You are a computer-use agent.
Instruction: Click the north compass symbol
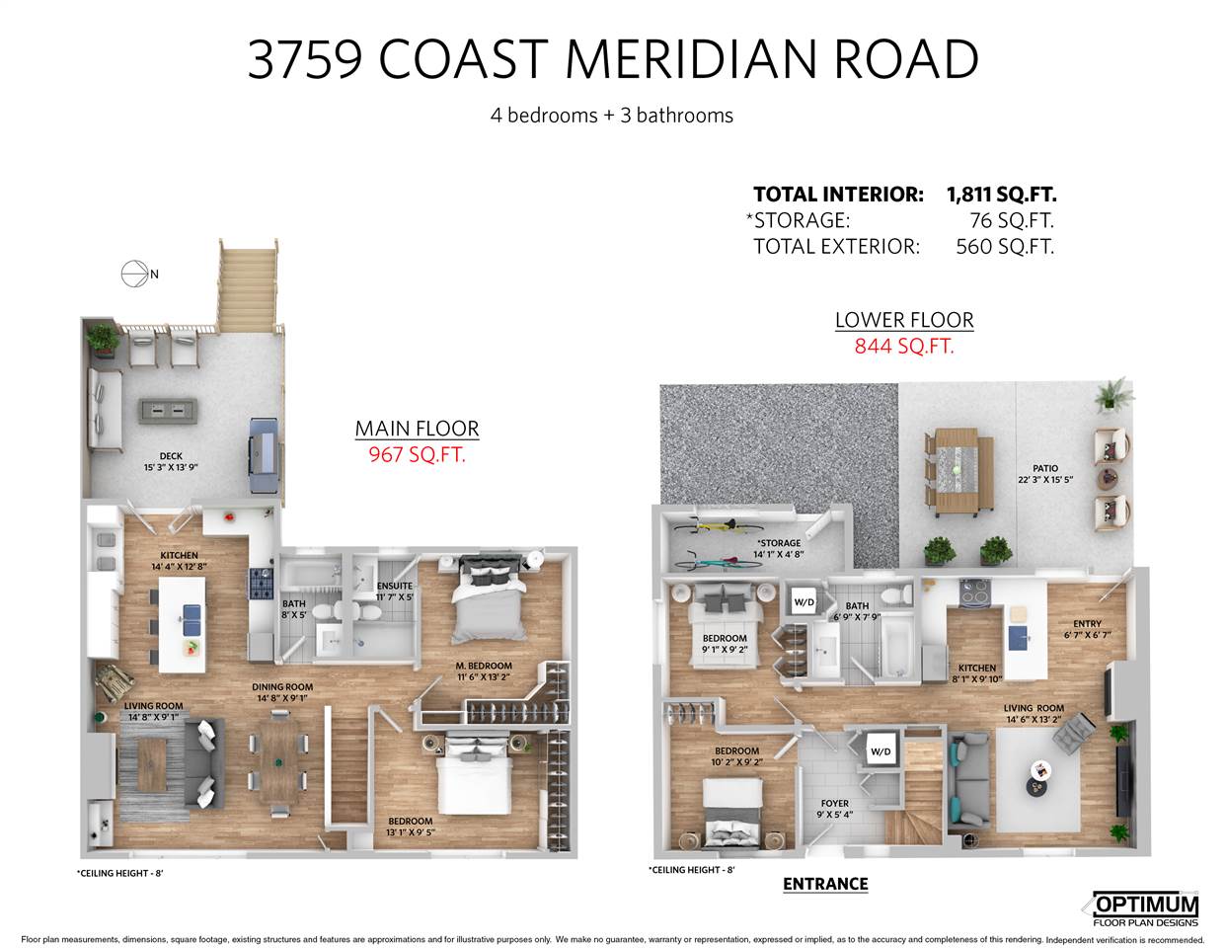pyautogui.click(x=135, y=274)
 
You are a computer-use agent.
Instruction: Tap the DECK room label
pyautogui.click(x=171, y=456)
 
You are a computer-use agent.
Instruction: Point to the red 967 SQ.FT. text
pyautogui.click(x=417, y=454)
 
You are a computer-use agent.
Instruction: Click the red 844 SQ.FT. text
pyautogui.click(x=904, y=346)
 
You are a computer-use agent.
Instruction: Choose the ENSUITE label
pyautogui.click(x=395, y=587)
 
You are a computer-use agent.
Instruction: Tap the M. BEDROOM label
pyautogui.click(x=484, y=666)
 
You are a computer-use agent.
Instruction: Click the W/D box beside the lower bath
pyautogui.click(x=804, y=601)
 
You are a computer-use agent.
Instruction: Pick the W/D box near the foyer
pyautogui.click(x=881, y=751)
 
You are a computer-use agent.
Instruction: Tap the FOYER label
pyautogui.click(x=834, y=803)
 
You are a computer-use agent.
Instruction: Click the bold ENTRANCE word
pyautogui.click(x=825, y=884)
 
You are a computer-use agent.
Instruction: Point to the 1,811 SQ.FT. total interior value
pyautogui.click(x=1002, y=195)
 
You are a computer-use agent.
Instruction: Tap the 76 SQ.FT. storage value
pyautogui.click(x=1012, y=220)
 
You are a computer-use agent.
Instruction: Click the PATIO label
pyautogui.click(x=1045, y=468)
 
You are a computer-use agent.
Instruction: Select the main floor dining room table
pyautogui.click(x=279, y=763)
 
